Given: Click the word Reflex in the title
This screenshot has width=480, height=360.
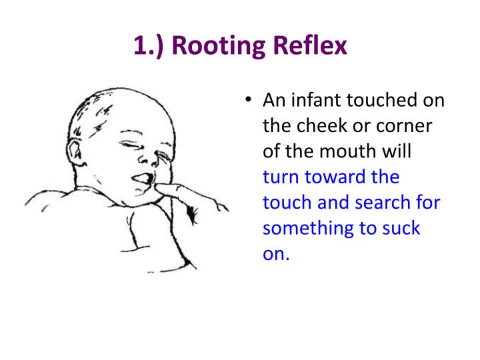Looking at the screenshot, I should [x=311, y=47].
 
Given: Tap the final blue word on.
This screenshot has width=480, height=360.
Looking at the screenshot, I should [x=275, y=253].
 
